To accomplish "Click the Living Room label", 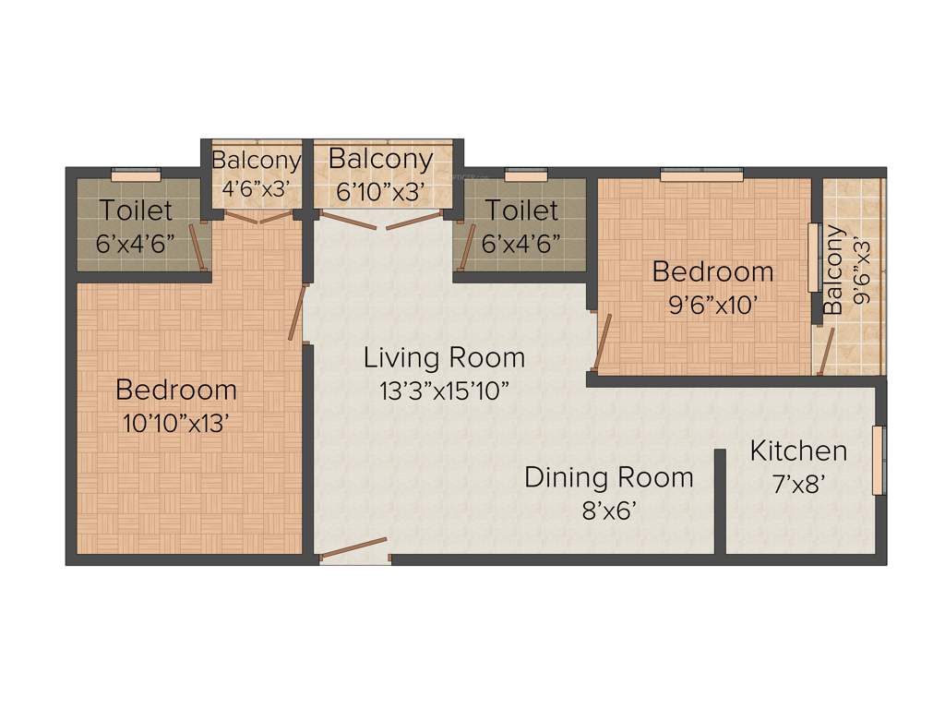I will [444, 356].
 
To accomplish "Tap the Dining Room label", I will [608, 477].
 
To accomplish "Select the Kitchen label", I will [798, 451].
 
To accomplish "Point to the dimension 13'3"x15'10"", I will [444, 390].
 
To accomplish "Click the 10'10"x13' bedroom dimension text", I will [175, 423].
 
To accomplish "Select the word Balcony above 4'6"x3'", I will [256, 160].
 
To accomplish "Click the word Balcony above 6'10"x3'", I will [380, 159].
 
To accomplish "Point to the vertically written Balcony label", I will [833, 270].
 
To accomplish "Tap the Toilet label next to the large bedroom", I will [137, 210].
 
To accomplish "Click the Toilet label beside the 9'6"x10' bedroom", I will [521, 210].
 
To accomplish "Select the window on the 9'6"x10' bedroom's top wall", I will [701, 173].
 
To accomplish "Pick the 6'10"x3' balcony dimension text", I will [380, 192].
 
